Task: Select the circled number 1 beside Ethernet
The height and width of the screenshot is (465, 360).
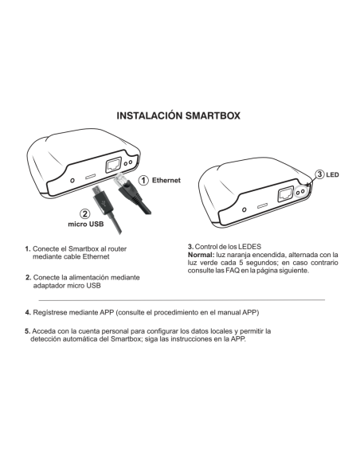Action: [142, 180]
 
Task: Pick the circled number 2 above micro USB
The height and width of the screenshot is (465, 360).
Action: [84, 213]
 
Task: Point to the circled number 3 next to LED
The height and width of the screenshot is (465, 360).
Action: [320, 174]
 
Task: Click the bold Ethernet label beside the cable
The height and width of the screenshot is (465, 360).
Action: [166, 180]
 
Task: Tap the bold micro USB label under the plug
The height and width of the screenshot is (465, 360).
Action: [84, 225]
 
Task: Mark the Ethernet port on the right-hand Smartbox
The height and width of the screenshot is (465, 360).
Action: [283, 193]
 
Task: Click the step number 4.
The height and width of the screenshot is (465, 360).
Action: [28, 311]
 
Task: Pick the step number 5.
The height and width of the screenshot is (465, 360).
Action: [28, 330]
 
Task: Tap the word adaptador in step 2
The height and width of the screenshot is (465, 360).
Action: [50, 285]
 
